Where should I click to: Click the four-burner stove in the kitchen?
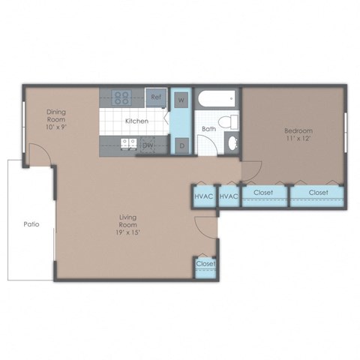[121, 97]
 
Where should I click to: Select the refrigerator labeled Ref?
[156, 97]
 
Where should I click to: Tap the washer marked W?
[181, 99]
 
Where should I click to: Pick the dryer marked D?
[181, 144]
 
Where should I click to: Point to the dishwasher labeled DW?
[148, 145]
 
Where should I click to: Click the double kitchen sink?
[126, 144]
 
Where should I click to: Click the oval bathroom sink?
[232, 142]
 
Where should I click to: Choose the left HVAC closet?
[203, 196]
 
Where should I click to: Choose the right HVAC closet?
[229, 196]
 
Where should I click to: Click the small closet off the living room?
[205, 264]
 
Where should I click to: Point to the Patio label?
[31, 223]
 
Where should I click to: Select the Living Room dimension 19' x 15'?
[127, 231]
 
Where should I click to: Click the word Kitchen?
[136, 121]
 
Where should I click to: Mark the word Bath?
[208, 129]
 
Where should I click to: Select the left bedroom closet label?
[263, 193]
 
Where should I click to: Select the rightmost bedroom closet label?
[318, 193]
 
